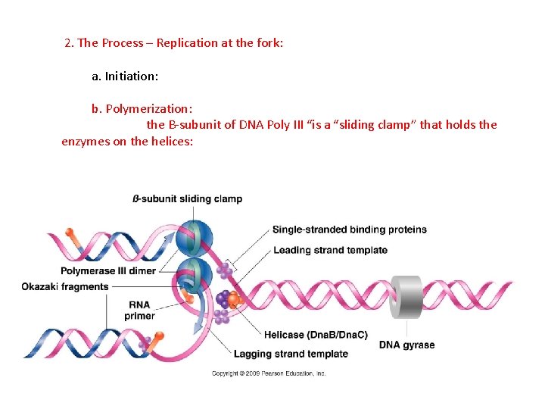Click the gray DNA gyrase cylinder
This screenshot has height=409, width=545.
[406, 297]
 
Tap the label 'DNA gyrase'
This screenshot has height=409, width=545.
[406, 345]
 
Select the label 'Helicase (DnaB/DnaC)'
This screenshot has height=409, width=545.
[316, 334]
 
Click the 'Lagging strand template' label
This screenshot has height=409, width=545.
[291, 354]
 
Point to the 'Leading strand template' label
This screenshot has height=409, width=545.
[330, 250]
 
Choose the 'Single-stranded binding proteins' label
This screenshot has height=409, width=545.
[349, 229]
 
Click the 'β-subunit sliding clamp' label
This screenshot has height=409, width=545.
[187, 199]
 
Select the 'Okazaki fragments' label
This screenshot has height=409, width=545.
[65, 286]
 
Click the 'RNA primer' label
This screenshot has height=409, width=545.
[139, 310]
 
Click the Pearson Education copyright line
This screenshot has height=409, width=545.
[269, 373]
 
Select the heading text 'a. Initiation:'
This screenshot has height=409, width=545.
[125, 76]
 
